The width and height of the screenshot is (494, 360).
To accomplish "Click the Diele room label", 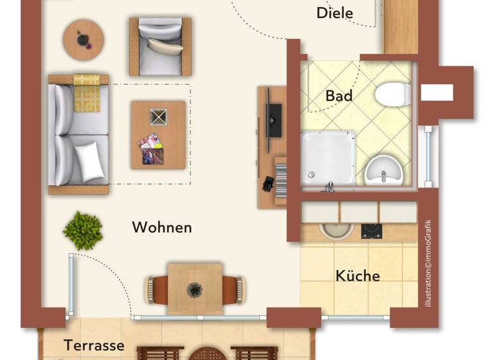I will [335, 13].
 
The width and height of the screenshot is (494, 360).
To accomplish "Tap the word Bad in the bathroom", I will [339, 96].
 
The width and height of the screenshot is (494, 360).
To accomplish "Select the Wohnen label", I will [162, 227].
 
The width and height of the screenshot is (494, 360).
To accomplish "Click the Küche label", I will [358, 276].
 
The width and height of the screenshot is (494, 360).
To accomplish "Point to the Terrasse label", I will [94, 345].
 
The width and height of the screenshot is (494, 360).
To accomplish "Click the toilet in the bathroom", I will [392, 94].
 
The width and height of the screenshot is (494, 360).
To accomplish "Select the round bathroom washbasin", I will [384, 172].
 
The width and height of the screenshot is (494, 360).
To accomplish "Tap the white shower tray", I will [328, 157].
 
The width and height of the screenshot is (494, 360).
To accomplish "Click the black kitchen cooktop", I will [371, 231].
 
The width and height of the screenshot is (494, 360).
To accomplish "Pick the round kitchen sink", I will [336, 230].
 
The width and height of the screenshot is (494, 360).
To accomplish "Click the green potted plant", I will [83, 230].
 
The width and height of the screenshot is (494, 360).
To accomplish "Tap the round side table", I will [83, 39].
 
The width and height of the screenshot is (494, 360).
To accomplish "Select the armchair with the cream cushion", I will [160, 46].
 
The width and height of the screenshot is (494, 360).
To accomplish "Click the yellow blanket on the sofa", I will [87, 93].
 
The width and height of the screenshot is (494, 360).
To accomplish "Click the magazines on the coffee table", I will [151, 148].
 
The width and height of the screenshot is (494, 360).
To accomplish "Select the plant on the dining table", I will [195, 289].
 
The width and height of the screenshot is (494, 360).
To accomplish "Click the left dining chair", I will [157, 289].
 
